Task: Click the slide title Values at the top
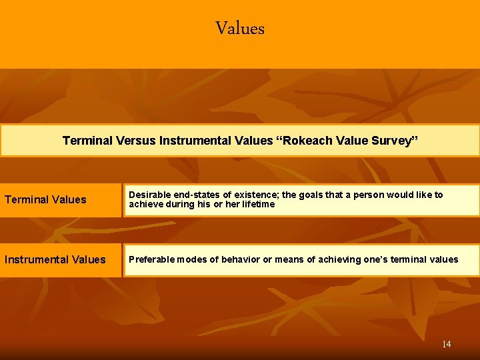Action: (240, 29)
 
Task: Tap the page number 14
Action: (446, 344)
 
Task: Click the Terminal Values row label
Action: (45, 199)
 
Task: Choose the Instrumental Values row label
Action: (55, 259)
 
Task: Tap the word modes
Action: (193, 259)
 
